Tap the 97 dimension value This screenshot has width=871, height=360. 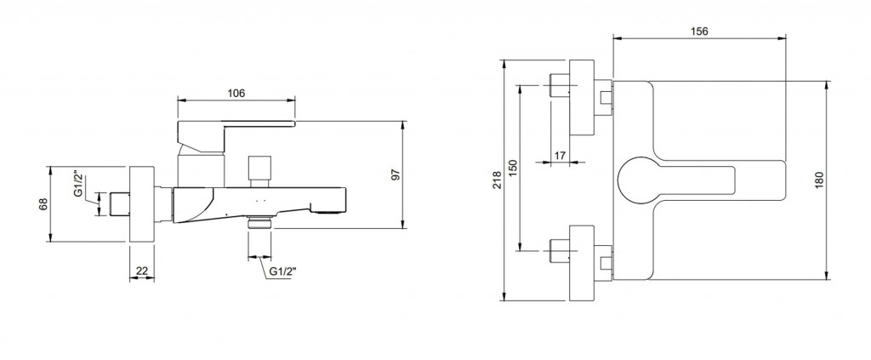[394, 174]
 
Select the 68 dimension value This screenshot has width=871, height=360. [43, 204]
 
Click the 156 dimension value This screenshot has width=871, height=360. [697, 31]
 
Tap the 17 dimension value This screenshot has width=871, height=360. [559, 154]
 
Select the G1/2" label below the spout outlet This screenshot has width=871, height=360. [282, 271]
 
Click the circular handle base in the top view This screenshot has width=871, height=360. [637, 179]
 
